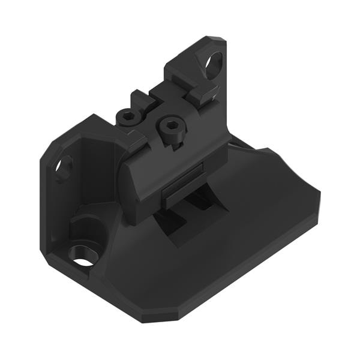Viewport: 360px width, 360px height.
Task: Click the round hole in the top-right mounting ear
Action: tap(214, 62)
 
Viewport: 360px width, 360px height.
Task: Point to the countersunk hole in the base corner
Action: tap(83, 256)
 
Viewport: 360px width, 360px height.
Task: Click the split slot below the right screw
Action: tap(173, 144)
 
